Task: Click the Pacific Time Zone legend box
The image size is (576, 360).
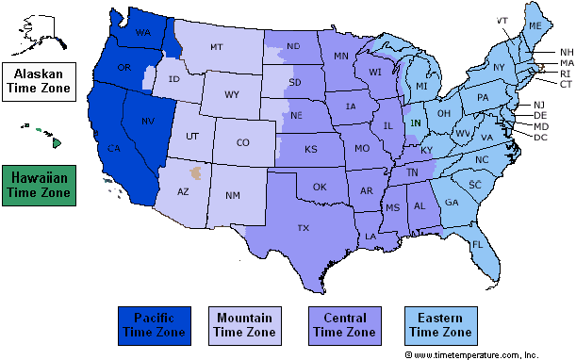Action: tap(154, 324)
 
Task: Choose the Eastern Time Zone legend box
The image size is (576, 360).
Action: tap(437, 324)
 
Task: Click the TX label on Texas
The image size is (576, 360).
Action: tap(304, 228)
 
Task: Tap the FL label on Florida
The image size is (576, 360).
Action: tap(478, 244)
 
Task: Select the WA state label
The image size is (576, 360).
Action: tap(143, 33)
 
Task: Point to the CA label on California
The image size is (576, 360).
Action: tap(114, 149)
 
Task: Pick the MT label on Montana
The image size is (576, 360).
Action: tap(217, 46)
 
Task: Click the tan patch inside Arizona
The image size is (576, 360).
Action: tap(195, 173)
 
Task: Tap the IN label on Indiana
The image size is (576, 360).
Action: tap(416, 123)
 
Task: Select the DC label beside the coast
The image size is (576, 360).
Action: tap(539, 138)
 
